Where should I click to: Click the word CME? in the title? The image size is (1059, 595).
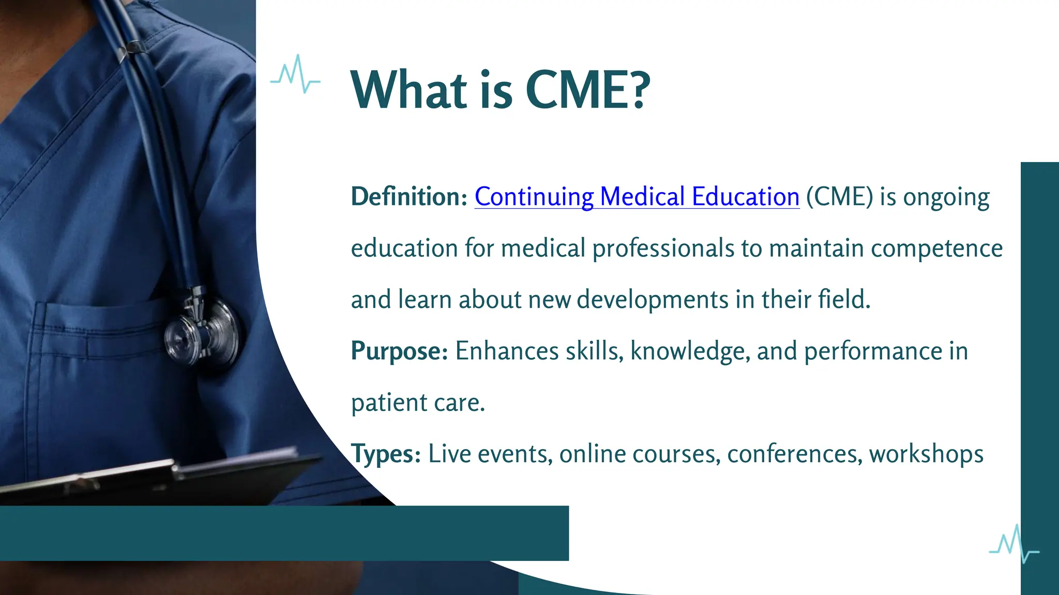pyautogui.click(x=587, y=90)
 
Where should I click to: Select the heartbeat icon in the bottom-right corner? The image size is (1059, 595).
pyautogui.click(x=1013, y=545)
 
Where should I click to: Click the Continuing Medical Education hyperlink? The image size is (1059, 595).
pyautogui.click(x=637, y=197)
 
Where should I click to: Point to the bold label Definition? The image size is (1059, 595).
pyautogui.click(x=409, y=197)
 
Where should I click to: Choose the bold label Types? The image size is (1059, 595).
pyautogui.click(x=386, y=455)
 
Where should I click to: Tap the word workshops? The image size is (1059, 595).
pyautogui.click(x=926, y=455)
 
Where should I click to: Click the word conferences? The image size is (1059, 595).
pyautogui.click(x=794, y=455)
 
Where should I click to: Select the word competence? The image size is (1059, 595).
pyautogui.click(x=936, y=249)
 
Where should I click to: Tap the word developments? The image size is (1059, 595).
pyautogui.click(x=652, y=300)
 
